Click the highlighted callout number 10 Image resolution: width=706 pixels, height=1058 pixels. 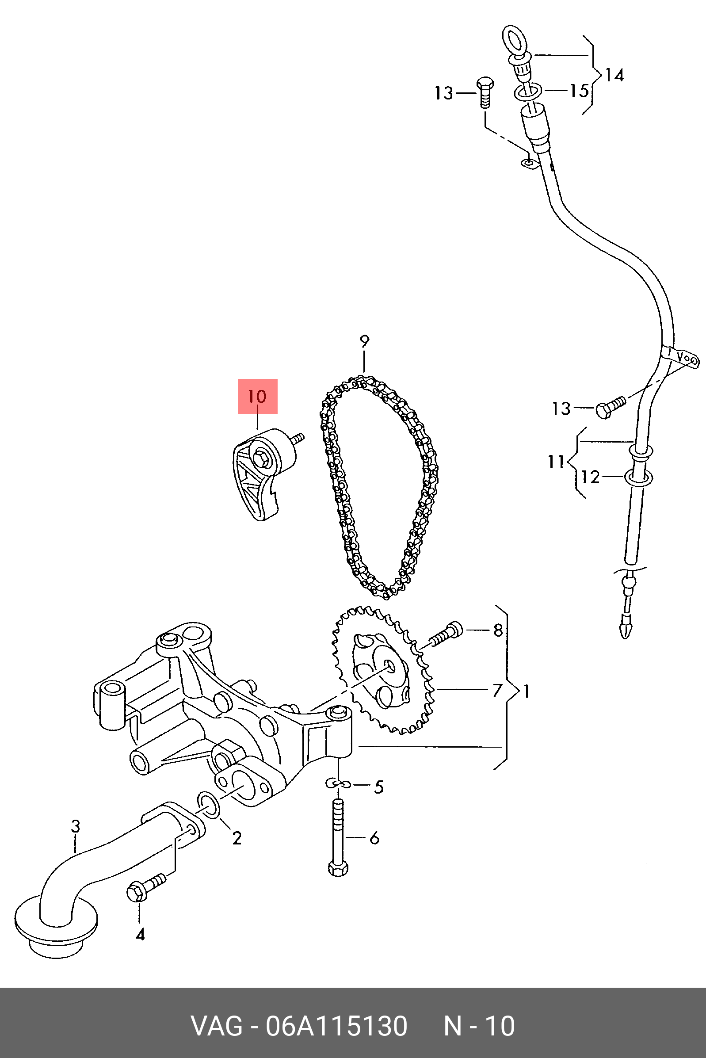(x=257, y=397)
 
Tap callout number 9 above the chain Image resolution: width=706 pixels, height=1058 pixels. (x=364, y=342)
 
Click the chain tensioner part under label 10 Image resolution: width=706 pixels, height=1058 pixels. (x=261, y=473)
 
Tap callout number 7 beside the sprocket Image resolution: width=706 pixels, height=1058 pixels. (x=496, y=690)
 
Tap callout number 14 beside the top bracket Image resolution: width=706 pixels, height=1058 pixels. (x=614, y=75)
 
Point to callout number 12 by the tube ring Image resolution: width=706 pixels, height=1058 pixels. (x=590, y=477)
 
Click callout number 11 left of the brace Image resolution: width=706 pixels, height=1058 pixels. (x=556, y=462)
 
